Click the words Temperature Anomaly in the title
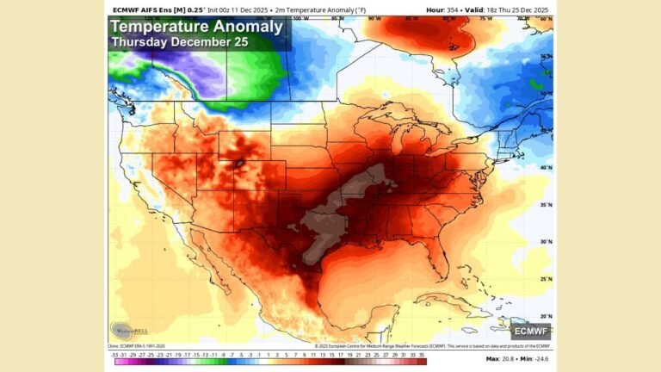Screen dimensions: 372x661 (x=196, y=27)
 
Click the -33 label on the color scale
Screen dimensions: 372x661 (x=114, y=354)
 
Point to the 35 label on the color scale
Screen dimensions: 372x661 (x=422, y=354)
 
